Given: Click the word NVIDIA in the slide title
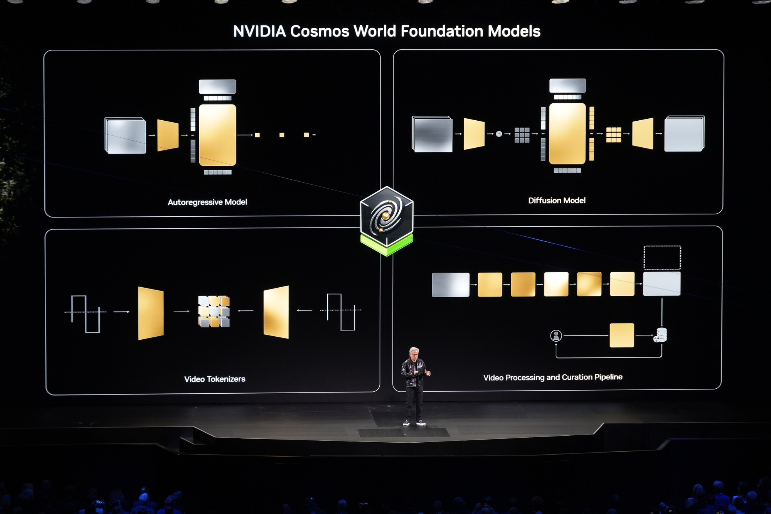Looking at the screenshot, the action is click(259, 31).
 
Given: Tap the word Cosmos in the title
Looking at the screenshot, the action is click(320, 31).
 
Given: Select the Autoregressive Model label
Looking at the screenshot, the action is click(207, 202).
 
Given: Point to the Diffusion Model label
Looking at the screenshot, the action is click(557, 201).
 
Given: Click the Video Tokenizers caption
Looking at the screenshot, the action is click(215, 379).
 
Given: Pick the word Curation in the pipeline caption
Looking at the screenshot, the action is click(577, 377).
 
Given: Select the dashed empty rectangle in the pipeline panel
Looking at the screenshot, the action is click(662, 257).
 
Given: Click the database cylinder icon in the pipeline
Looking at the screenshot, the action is click(661, 334).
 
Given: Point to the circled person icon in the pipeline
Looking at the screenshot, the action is click(556, 336).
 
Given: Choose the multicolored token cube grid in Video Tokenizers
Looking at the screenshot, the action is click(214, 311).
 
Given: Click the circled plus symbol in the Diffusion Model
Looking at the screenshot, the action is click(499, 134).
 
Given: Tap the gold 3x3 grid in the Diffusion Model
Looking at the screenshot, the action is click(613, 135).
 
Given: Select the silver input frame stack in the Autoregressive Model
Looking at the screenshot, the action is click(125, 136).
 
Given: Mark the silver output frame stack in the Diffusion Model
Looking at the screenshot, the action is click(684, 134).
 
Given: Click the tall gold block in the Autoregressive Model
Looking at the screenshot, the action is click(217, 135).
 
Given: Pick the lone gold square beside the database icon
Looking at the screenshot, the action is click(621, 335).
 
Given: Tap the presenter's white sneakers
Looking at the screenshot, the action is click(414, 423).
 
